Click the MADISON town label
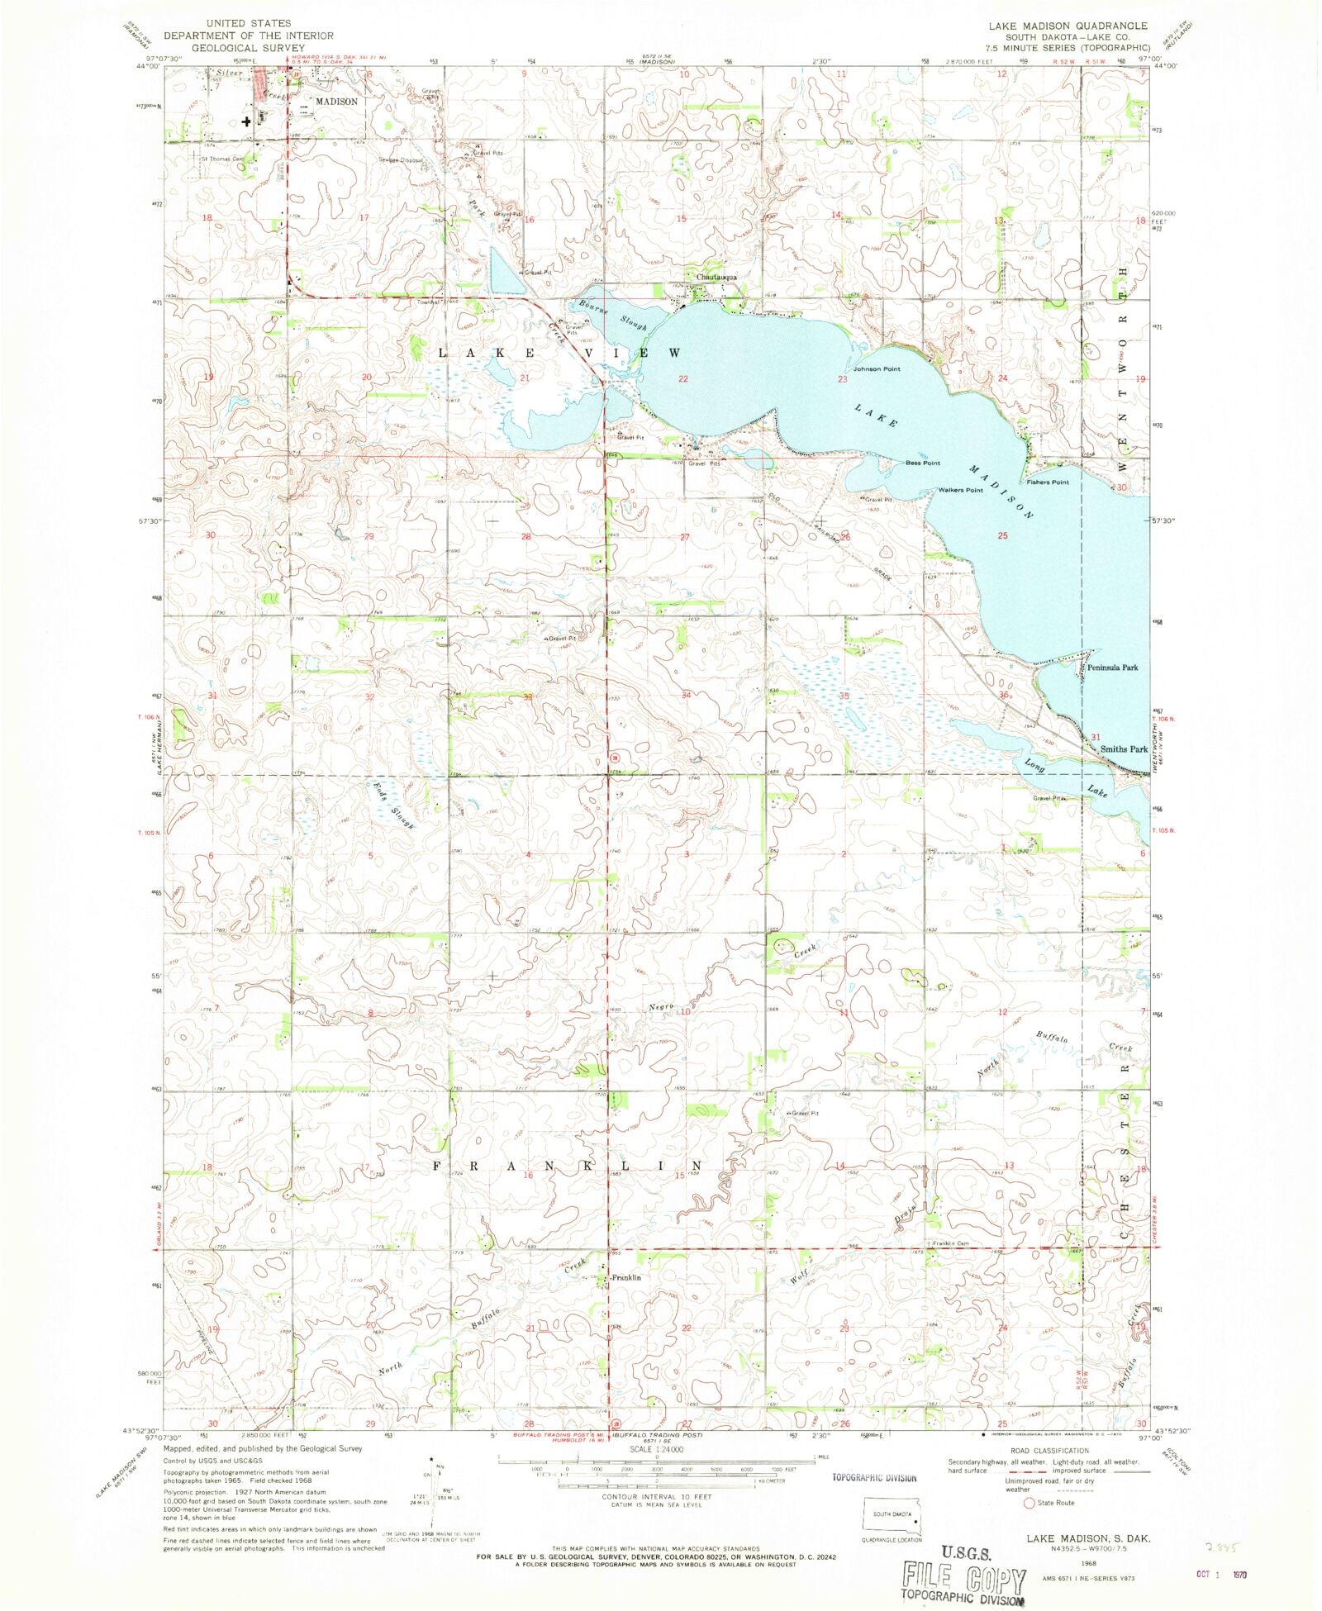pos(336,101)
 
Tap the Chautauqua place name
pos(716,277)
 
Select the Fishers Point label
pos(1048,482)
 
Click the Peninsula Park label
pos(1113,668)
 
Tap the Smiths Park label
pos(1124,748)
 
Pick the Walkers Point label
pos(960,490)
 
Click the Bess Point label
pos(923,463)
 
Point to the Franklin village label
pos(625,1277)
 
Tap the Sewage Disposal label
pos(401,160)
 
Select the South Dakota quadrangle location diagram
pos(893,1517)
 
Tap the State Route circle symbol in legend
pos(1030,1503)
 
